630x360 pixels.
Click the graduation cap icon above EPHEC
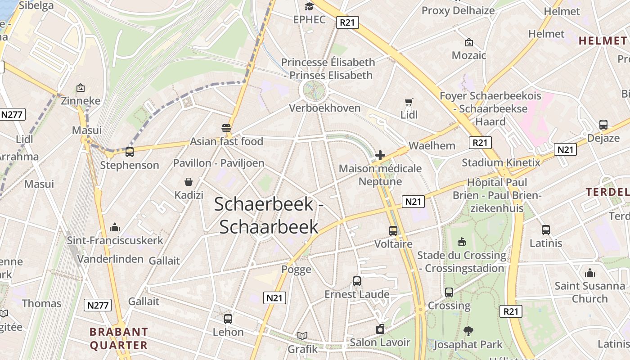click(309, 6)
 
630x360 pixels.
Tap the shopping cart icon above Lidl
click(409, 102)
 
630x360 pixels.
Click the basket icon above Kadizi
click(189, 182)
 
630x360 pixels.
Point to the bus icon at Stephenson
click(130, 152)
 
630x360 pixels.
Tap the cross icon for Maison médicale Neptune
click(380, 156)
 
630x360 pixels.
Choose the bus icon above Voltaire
click(393, 231)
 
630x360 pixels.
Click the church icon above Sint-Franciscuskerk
click(115, 227)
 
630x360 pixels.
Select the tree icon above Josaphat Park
click(468, 331)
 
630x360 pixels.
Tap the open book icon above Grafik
click(302, 336)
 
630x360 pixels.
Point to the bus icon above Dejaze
click(603, 125)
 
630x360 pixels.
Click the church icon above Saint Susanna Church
click(589, 273)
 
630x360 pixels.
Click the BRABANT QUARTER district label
click(119, 339)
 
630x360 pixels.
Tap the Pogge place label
click(296, 270)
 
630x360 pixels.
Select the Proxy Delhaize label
click(458, 10)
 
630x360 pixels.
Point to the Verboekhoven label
click(325, 108)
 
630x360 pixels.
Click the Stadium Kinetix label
click(501, 162)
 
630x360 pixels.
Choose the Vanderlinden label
click(110, 259)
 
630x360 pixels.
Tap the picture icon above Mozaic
click(469, 42)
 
